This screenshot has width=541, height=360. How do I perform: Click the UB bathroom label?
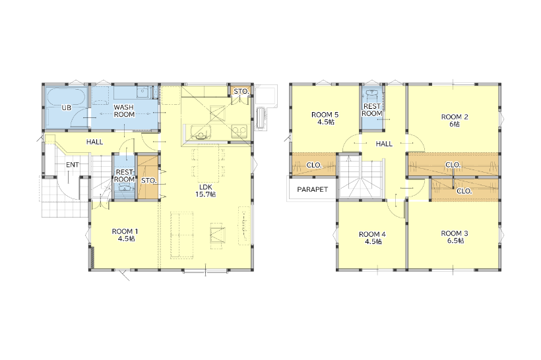tap(66, 107)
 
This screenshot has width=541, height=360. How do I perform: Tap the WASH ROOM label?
tap(124, 111)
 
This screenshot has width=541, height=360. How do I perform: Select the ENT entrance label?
tap(73, 165)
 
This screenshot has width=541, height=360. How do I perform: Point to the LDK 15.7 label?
tap(205, 191)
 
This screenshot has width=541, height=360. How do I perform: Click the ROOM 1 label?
tap(125, 235)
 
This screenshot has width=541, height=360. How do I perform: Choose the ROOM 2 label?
tap(455, 121)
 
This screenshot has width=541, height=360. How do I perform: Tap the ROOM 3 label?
tap(455, 237)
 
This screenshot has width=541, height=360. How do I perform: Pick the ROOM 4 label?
tap(372, 238)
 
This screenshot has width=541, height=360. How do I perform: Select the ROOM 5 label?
tap(325, 118)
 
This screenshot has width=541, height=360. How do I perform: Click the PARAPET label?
tap(312, 189)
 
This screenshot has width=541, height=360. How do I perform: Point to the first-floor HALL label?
tap(94, 142)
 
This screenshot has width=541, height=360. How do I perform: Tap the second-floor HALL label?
tap(384, 144)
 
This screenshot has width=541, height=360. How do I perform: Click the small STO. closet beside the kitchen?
tap(241, 92)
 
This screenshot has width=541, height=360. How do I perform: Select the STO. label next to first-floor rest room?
tap(149, 181)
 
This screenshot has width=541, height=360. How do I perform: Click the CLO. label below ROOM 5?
tap(313, 165)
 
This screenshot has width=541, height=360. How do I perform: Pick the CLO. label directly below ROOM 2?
tap(453, 165)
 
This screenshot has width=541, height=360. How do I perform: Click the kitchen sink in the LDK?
tap(201, 132)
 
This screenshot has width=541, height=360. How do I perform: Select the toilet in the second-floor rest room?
tap(372, 94)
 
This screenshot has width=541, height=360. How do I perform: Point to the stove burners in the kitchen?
tap(239, 131)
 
